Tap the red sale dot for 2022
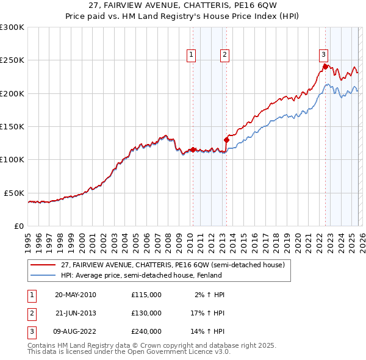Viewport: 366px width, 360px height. point(325,67)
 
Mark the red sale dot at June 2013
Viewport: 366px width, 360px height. point(226,140)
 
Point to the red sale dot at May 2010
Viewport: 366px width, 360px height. point(193,149)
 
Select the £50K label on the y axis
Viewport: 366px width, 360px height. point(13,193)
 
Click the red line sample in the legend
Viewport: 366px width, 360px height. point(44,265)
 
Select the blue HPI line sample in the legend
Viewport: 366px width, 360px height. point(44,275)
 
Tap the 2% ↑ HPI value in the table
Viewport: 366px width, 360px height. point(210,295)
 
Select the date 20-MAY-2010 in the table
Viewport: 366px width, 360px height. point(75,295)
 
